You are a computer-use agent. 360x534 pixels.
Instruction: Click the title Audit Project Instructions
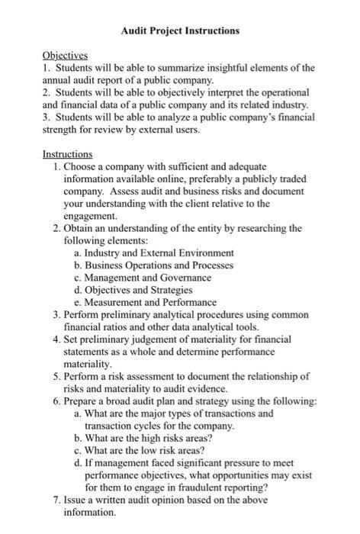coord(180,31)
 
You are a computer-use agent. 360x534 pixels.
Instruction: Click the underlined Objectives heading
coord(65,55)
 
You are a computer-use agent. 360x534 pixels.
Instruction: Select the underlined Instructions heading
coord(67,153)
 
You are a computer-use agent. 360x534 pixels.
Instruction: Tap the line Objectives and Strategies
coord(138,290)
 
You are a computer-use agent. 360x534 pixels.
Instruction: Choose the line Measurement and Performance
coord(150,302)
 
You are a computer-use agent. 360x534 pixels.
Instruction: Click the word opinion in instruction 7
coord(170,500)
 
